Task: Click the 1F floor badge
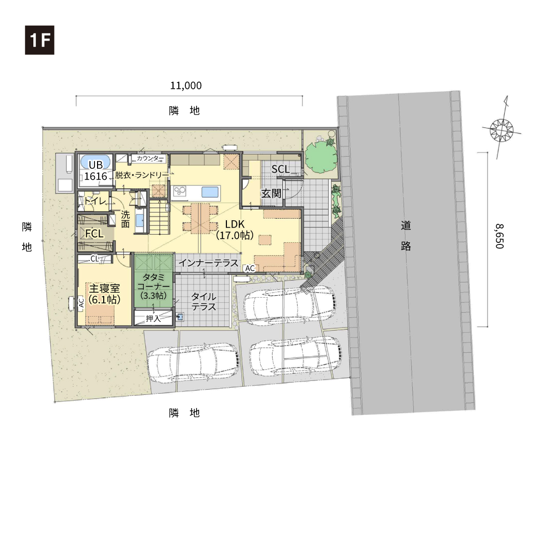coord(40,40)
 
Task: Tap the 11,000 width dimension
coord(186,86)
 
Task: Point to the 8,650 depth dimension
coord(500,236)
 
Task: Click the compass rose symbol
coord(502,129)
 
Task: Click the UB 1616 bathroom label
coord(95,170)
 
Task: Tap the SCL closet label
coord(280,169)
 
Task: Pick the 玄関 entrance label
coord(271,194)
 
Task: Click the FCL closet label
coord(94,234)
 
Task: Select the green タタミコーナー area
coord(154,281)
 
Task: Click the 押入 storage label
coord(153,318)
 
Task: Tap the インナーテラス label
coord(208,263)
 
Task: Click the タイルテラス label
coord(204,301)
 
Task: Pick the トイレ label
coord(95,201)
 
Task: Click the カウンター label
coord(148,158)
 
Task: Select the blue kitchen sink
coord(210,192)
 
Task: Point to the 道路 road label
coord(406,236)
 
